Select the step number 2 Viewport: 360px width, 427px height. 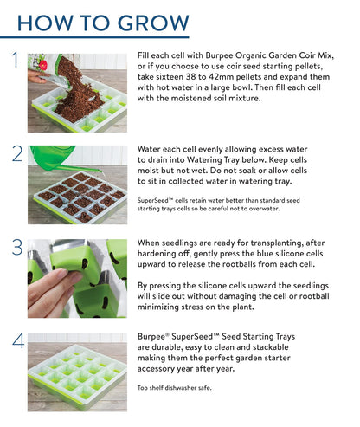pyautogui.click(x=16, y=154)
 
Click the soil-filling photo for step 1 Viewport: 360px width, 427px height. pyautogui.click(x=78, y=91)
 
